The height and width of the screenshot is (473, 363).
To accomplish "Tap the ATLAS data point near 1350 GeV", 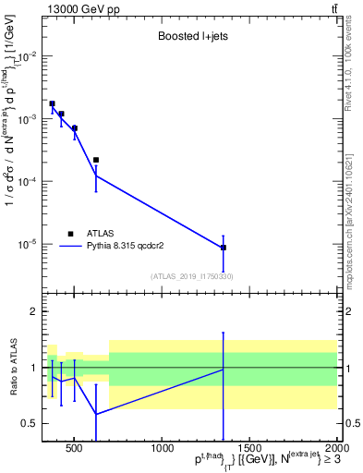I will (x=224, y=248).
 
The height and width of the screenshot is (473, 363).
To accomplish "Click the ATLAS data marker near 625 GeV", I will (x=95, y=160).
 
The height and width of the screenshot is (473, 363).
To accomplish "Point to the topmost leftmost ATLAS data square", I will (x=52, y=103).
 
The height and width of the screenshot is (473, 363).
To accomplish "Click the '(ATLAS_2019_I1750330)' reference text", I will (x=191, y=276).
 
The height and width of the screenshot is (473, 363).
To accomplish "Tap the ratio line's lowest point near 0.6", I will (x=95, y=414).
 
